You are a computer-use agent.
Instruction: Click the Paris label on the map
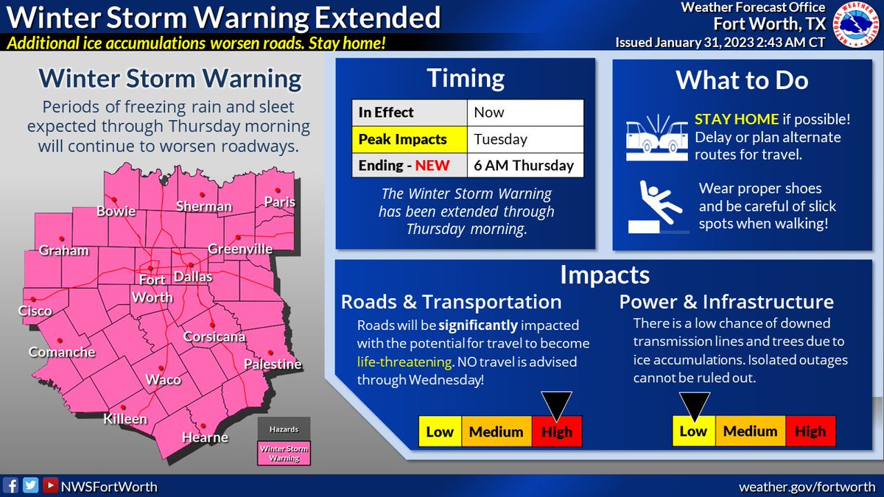(x=280, y=202)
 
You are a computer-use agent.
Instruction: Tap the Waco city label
(x=164, y=380)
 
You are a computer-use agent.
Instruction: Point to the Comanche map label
(x=62, y=353)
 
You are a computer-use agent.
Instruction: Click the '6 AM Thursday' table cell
(x=525, y=165)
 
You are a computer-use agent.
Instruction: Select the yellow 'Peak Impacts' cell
(x=409, y=139)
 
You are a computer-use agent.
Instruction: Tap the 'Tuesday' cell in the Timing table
(x=525, y=139)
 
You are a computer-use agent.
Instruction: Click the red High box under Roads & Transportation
(x=557, y=432)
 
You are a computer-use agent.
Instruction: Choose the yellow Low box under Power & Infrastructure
(x=693, y=431)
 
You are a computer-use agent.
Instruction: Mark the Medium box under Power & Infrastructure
(x=750, y=431)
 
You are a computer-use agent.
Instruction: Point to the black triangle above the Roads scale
(x=556, y=404)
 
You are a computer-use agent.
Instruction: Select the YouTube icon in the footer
(x=50, y=486)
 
